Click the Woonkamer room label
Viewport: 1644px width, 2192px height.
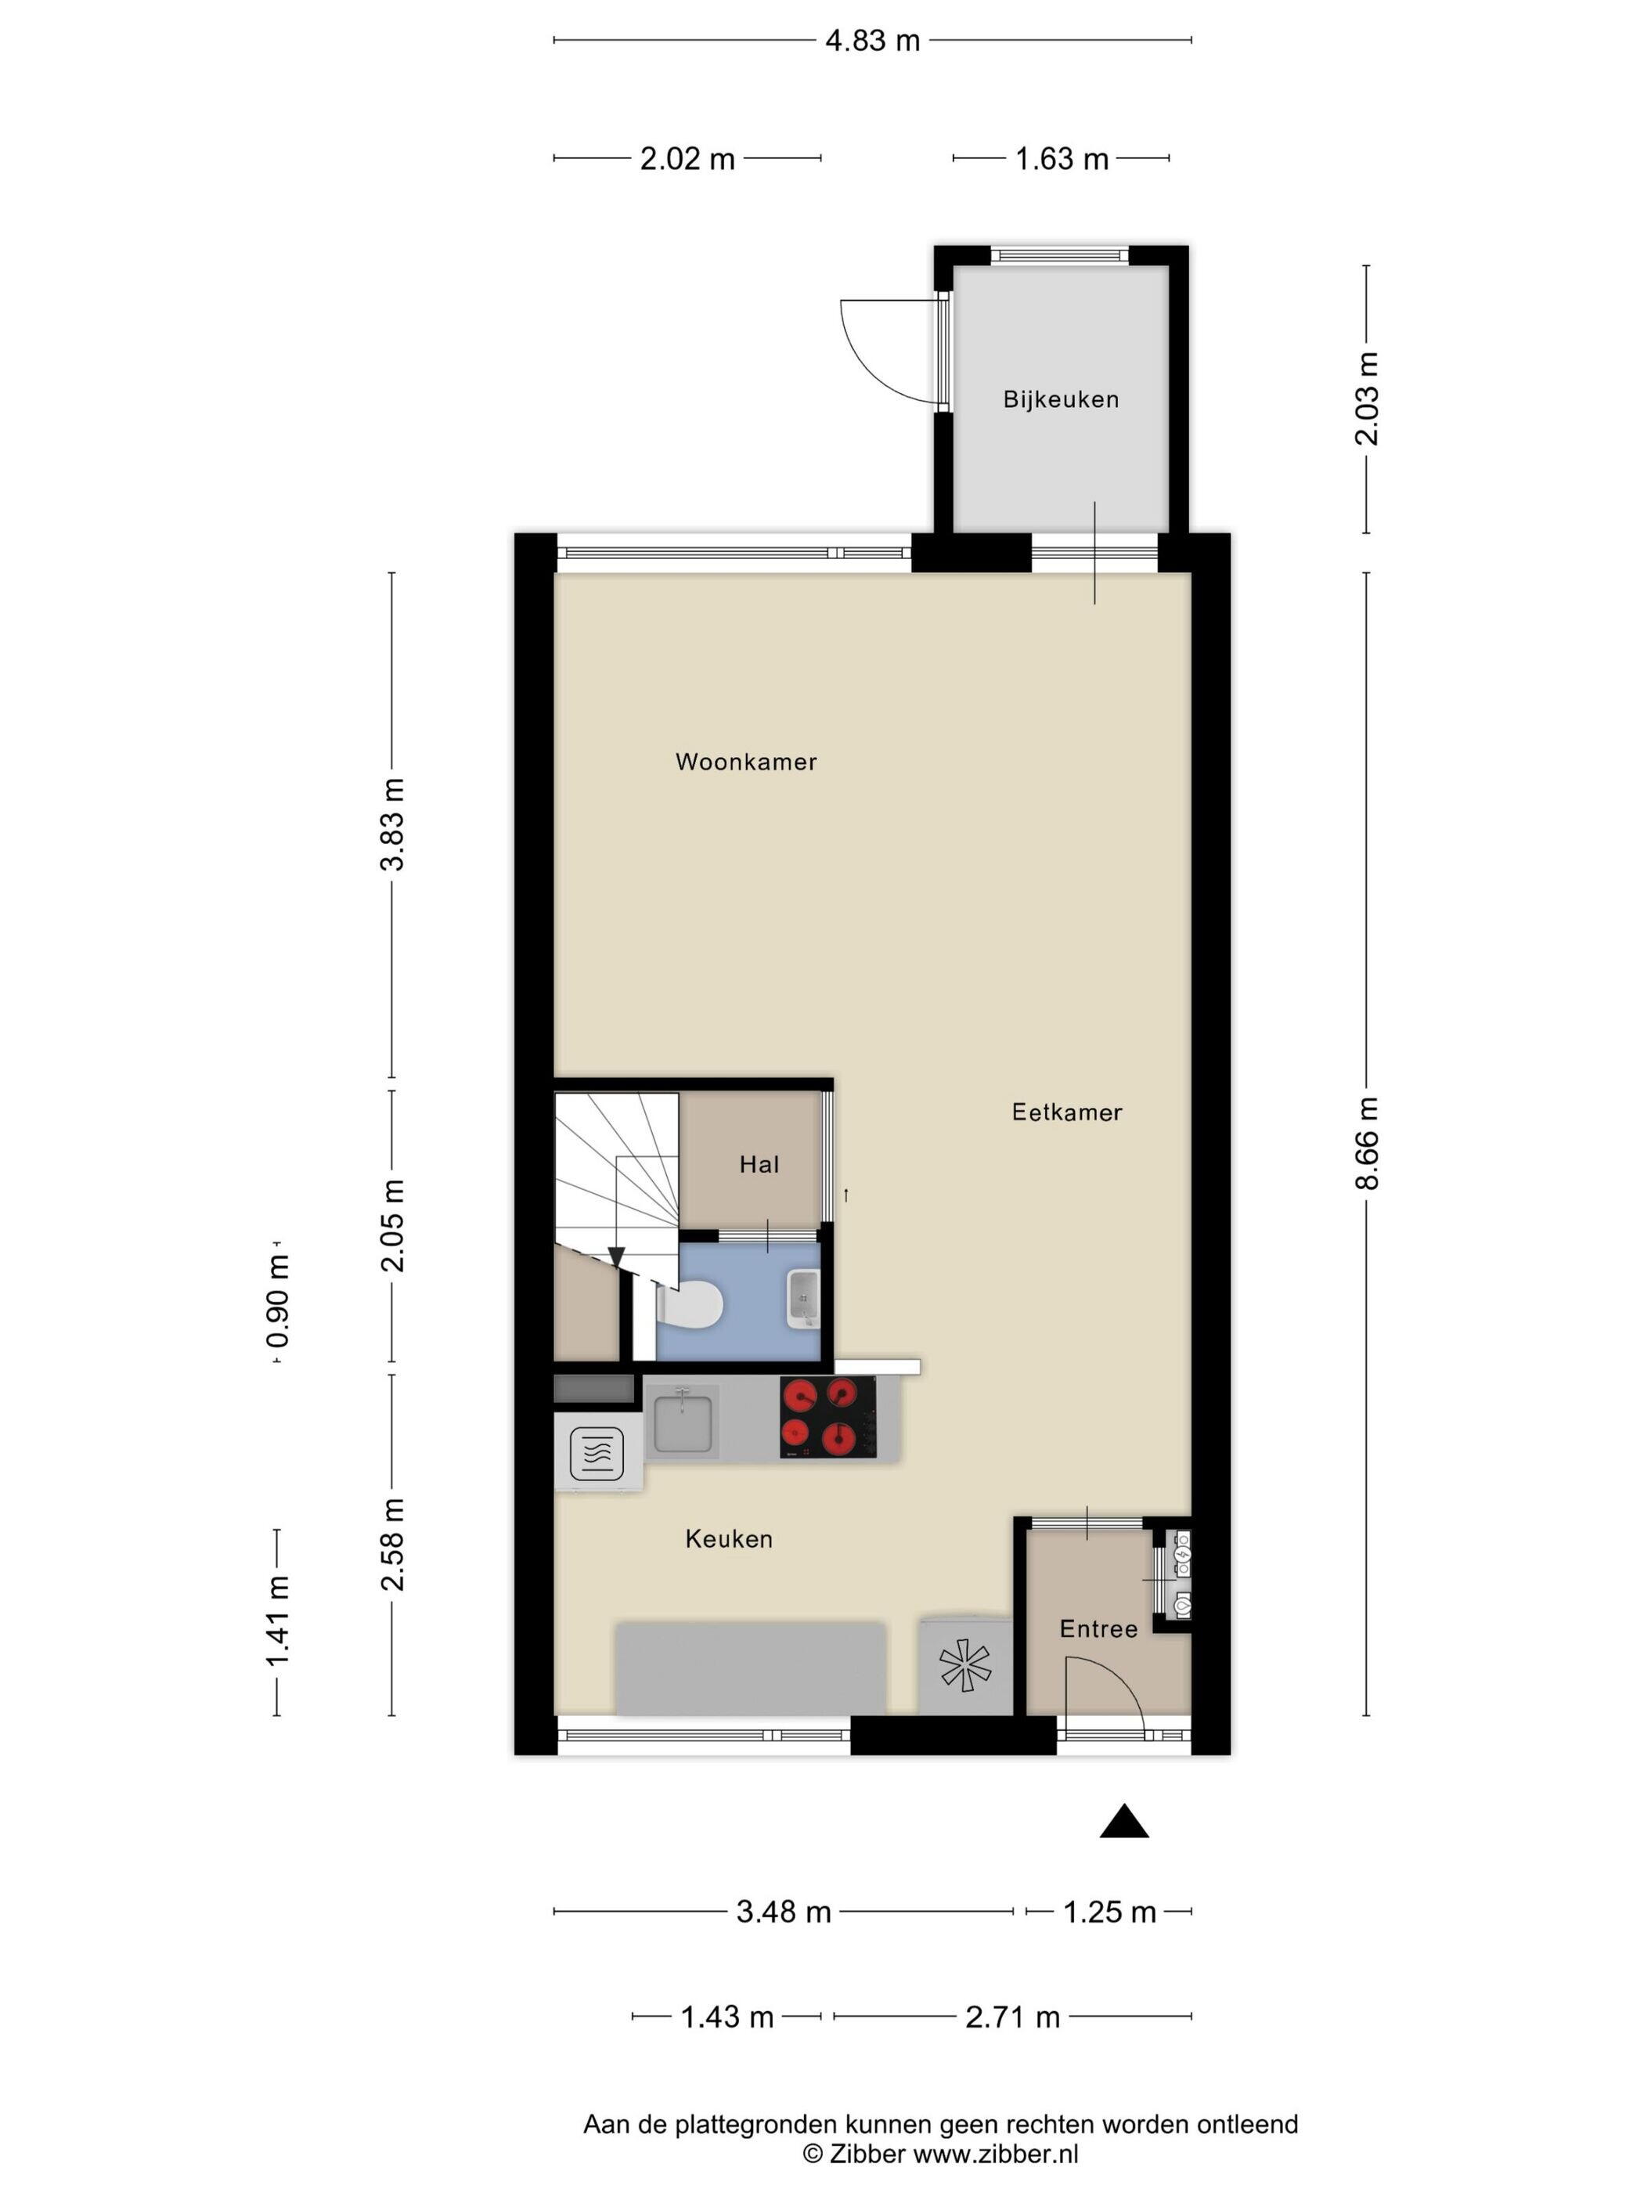[745, 762]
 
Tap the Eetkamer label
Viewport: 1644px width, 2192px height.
[1066, 1112]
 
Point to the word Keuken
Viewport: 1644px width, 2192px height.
[728, 1539]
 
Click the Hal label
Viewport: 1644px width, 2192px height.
[759, 1164]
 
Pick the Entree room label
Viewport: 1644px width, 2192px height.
[1098, 1629]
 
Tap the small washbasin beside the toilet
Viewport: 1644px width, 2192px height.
[802, 1299]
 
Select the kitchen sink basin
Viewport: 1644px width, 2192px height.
[683, 1421]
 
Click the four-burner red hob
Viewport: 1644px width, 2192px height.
[827, 1417]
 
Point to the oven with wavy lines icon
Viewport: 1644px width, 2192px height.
[597, 1453]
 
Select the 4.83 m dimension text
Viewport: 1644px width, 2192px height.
[872, 41]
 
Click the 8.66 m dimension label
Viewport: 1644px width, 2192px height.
[1367, 1142]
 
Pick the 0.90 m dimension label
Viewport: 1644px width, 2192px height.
[277, 1301]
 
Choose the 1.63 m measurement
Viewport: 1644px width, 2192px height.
[1062, 159]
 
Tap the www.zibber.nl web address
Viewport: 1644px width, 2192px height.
[995, 2154]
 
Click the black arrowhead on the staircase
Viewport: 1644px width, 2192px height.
[616, 1256]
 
